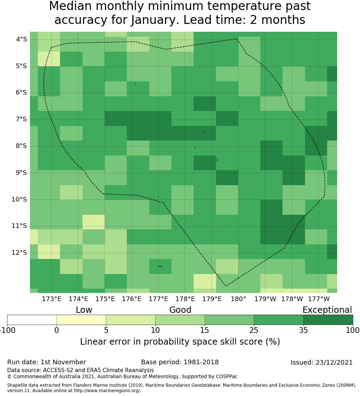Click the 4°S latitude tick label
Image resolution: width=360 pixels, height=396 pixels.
click(x=19, y=39)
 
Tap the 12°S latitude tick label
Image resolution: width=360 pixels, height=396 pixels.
click(x=19, y=253)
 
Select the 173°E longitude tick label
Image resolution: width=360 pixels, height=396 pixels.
click(x=51, y=299)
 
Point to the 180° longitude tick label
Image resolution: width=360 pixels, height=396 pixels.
click(x=238, y=299)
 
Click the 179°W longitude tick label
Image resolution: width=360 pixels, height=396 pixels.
click(x=265, y=299)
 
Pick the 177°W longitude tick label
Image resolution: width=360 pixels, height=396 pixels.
click(x=319, y=299)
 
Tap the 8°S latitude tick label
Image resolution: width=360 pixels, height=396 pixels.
click(x=19, y=146)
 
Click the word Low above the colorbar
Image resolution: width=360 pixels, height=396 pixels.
click(x=84, y=310)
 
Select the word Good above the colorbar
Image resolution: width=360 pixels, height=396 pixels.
click(x=180, y=310)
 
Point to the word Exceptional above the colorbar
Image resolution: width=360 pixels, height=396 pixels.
click(x=327, y=310)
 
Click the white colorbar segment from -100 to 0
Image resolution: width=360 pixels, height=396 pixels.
click(x=32, y=320)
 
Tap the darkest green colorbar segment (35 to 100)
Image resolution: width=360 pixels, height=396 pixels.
click(x=328, y=320)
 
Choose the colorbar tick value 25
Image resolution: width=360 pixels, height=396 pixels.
click(x=254, y=330)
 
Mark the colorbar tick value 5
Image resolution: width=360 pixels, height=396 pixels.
click(x=106, y=330)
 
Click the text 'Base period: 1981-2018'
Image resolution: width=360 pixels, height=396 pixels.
click(x=180, y=362)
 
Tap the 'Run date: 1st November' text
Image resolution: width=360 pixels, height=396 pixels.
click(x=46, y=362)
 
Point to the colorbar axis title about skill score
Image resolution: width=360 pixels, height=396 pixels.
click(x=180, y=342)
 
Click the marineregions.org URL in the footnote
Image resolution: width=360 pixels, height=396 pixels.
click(x=107, y=391)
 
